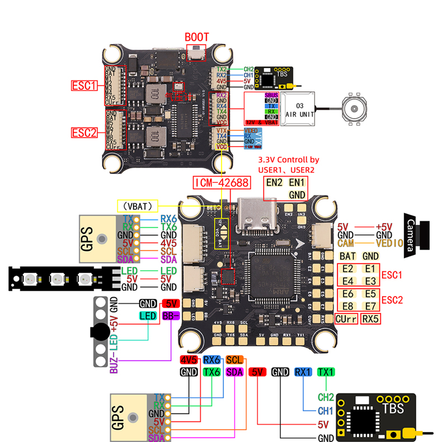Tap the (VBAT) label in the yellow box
[x=138, y=205]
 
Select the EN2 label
[x=275, y=182]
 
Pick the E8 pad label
[x=348, y=305]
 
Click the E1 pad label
[x=369, y=269]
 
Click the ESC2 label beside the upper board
[x=84, y=133]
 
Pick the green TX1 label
[x=325, y=372]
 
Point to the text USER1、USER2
[x=286, y=170]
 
